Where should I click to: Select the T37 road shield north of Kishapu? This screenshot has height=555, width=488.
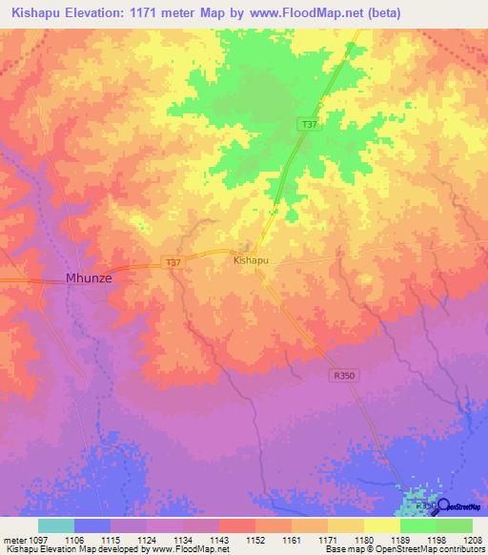point(308,125)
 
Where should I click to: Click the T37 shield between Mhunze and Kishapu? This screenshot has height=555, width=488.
point(173,262)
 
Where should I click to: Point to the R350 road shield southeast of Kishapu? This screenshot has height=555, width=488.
point(344,376)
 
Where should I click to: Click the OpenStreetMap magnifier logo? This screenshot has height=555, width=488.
point(441,505)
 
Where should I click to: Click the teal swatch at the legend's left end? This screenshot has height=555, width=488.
point(56,525)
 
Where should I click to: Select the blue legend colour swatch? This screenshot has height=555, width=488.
point(92,525)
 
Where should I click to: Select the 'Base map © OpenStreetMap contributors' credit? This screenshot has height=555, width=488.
point(404,549)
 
